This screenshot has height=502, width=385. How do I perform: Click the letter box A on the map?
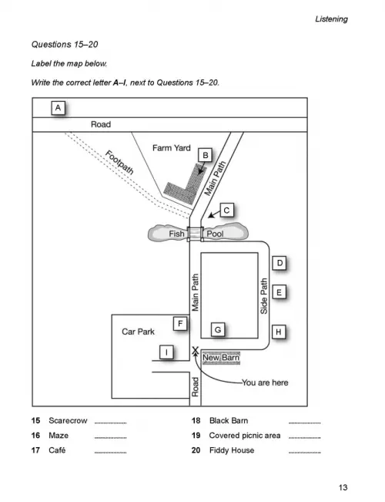coord(58,108)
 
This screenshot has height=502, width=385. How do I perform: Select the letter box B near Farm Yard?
coord(206,155)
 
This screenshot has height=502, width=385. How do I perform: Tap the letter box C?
coord(226,211)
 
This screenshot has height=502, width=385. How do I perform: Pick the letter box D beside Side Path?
coord(280,263)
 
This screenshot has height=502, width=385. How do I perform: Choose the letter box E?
coord(279,292)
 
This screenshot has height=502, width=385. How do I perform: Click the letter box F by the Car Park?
coord(180,324)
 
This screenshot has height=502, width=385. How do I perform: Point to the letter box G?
coord(218,330)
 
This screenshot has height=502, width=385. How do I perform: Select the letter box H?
coord(279,332)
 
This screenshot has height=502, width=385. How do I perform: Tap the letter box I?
coord(166,352)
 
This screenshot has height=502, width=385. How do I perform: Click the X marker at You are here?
coord(195,351)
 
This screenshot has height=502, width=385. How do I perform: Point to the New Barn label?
coord(221,358)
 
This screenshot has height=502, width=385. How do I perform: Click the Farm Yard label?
coord(172,148)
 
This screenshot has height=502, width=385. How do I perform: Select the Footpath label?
coord(119,162)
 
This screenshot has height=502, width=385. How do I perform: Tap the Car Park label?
coord(138,332)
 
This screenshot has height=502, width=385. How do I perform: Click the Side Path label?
coord(264,296)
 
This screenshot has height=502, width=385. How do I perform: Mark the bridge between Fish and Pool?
coord(195,234)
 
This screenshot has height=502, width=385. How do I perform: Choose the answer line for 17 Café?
coord(111,453)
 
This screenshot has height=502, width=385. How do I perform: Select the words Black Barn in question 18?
coord(229,420)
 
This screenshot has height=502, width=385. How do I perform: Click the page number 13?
coord(343,487)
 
